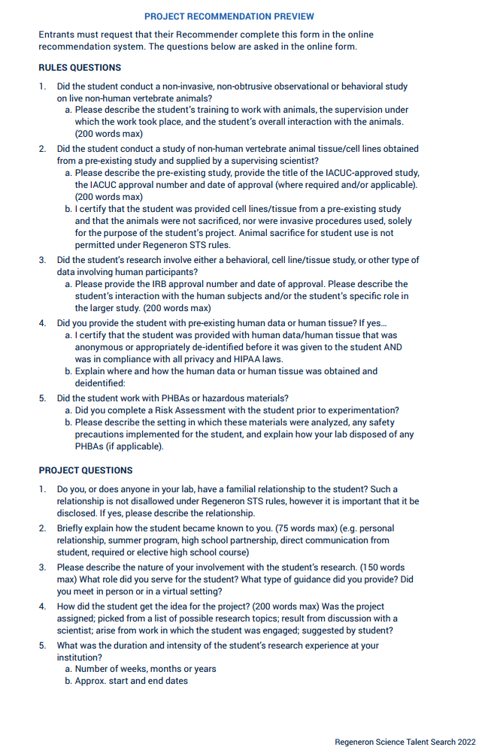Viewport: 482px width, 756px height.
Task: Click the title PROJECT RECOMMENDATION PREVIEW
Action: coord(229,17)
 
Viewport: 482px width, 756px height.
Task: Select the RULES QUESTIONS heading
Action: coord(80,68)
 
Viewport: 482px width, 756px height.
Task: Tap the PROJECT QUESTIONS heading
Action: coord(86,470)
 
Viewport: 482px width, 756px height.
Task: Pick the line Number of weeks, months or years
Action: coord(145,669)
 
